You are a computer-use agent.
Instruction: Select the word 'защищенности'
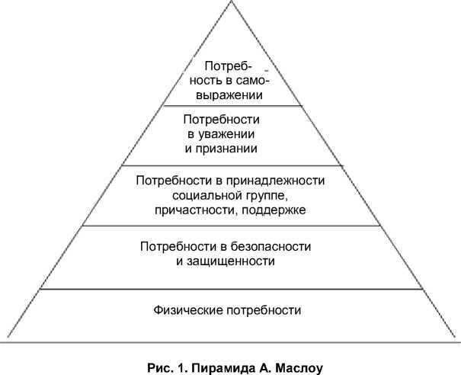230,261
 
